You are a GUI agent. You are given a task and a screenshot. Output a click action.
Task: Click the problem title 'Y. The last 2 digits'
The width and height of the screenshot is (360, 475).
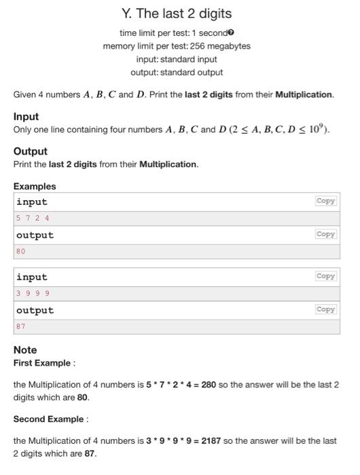coord(177,14)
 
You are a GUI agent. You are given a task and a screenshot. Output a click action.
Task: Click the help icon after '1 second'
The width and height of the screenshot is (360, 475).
coord(232,33)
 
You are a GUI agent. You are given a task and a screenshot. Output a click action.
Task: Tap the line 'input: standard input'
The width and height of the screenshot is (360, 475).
coord(177,59)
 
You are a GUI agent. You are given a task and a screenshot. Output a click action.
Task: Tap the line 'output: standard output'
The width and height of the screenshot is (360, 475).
coord(177,72)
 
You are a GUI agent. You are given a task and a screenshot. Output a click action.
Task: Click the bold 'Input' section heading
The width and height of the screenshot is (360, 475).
coord(26,117)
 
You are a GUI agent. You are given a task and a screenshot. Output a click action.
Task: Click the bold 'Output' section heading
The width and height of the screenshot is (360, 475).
coord(30,151)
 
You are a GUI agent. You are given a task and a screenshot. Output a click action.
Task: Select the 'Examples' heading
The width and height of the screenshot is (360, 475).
coord(35,186)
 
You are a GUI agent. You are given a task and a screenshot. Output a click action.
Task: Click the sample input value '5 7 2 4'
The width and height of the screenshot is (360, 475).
coord(33,218)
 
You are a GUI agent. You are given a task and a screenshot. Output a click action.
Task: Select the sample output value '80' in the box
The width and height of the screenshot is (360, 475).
coord(20,252)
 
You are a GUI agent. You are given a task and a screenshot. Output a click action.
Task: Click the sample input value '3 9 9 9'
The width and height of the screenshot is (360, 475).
coord(33,294)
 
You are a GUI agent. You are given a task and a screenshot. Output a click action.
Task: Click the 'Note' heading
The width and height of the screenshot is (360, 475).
coord(25,350)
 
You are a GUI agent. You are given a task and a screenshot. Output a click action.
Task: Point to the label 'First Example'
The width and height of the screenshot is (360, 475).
coord(42,363)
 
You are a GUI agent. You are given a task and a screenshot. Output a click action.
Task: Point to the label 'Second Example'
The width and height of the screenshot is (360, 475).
coord(48,419)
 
